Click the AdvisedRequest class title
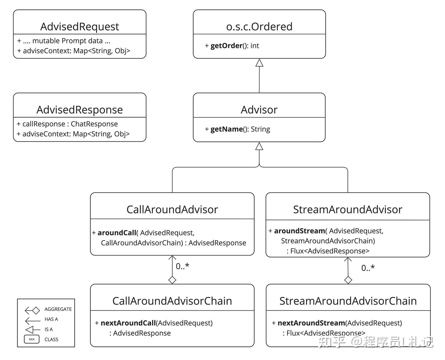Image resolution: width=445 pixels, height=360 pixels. (x=79, y=27)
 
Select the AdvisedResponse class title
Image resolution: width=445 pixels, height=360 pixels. (x=79, y=110)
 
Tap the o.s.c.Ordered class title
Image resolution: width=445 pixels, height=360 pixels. (x=259, y=27)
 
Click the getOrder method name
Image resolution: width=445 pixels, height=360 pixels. (x=226, y=46)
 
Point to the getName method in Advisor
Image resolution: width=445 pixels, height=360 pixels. (x=226, y=129)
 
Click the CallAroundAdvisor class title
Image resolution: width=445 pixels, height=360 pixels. (x=172, y=209)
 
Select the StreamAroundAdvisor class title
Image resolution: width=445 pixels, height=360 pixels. (x=348, y=209)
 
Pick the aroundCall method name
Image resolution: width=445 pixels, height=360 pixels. (x=117, y=233)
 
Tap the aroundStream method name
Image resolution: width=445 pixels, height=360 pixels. (x=299, y=231)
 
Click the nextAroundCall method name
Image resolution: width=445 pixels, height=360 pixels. (x=128, y=323)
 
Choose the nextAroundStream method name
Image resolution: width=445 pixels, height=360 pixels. (x=311, y=323)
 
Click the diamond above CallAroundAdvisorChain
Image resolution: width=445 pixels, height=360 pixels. (x=172, y=280)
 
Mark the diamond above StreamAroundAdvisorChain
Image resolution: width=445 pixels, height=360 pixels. (x=348, y=280)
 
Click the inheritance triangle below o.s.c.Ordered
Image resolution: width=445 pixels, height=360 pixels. (x=259, y=63)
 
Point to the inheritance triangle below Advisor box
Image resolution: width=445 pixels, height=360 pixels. (x=259, y=146)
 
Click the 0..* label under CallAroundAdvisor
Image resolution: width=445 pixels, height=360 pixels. (x=182, y=266)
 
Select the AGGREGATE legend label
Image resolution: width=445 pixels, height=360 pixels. (x=58, y=309)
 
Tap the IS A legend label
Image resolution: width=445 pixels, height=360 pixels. (x=49, y=329)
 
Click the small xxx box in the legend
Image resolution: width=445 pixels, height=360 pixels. (x=32, y=339)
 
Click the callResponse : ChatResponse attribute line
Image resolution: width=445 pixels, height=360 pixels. (x=67, y=124)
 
